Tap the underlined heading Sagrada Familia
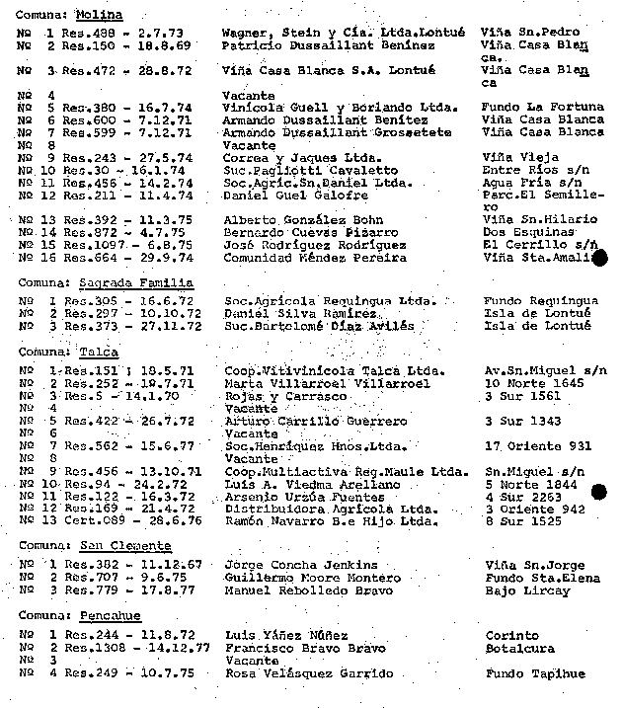click(x=138, y=282)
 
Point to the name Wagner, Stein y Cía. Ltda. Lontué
click(x=343, y=33)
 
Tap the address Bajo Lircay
click(x=527, y=590)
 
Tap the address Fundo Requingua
click(x=540, y=300)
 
